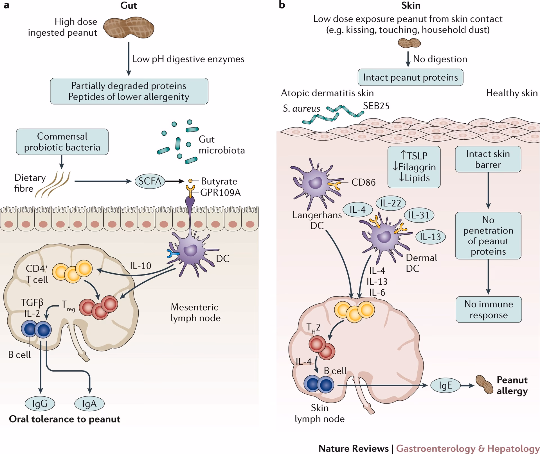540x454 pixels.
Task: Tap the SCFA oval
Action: [150, 181]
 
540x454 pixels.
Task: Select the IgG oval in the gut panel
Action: [40, 404]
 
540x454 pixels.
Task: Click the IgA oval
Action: [89, 404]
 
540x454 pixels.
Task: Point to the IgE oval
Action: [445, 385]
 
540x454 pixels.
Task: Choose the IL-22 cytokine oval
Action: [390, 203]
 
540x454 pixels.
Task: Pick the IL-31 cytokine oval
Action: [419, 215]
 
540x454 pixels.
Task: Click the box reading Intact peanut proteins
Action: [410, 77]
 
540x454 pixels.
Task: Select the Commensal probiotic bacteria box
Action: [62, 142]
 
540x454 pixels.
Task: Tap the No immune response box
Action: [489, 309]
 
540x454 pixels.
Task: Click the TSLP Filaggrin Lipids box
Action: [414, 167]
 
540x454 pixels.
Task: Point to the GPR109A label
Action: [220, 193]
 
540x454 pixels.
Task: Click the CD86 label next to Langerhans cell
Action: [363, 182]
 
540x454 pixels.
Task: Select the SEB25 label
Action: [376, 106]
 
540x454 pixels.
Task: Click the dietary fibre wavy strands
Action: [53, 184]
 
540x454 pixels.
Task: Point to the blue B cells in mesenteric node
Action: [37, 329]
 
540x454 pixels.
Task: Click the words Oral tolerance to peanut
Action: [65, 419]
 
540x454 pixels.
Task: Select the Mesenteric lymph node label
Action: [195, 312]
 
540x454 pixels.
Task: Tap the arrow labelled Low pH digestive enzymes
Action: [129, 59]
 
